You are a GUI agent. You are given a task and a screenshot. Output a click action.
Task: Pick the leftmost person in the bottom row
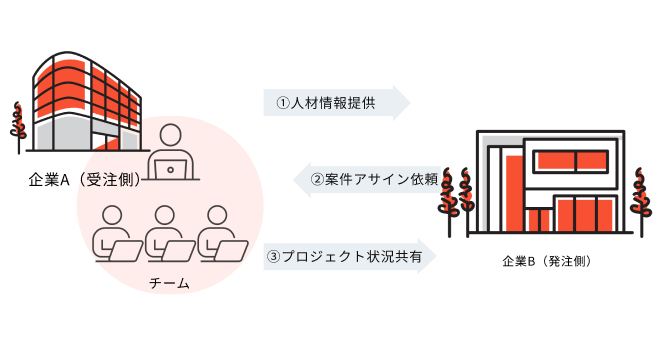coord(113,232)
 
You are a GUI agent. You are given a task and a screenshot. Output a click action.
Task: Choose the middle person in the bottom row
coord(166,232)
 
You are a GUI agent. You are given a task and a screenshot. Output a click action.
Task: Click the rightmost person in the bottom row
coord(219,232)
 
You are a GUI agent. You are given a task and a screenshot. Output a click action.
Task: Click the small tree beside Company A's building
coord(17,125)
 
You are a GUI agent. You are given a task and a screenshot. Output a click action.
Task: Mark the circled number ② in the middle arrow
coord(317,180)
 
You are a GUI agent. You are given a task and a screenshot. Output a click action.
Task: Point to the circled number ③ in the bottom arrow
coord(274,256)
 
